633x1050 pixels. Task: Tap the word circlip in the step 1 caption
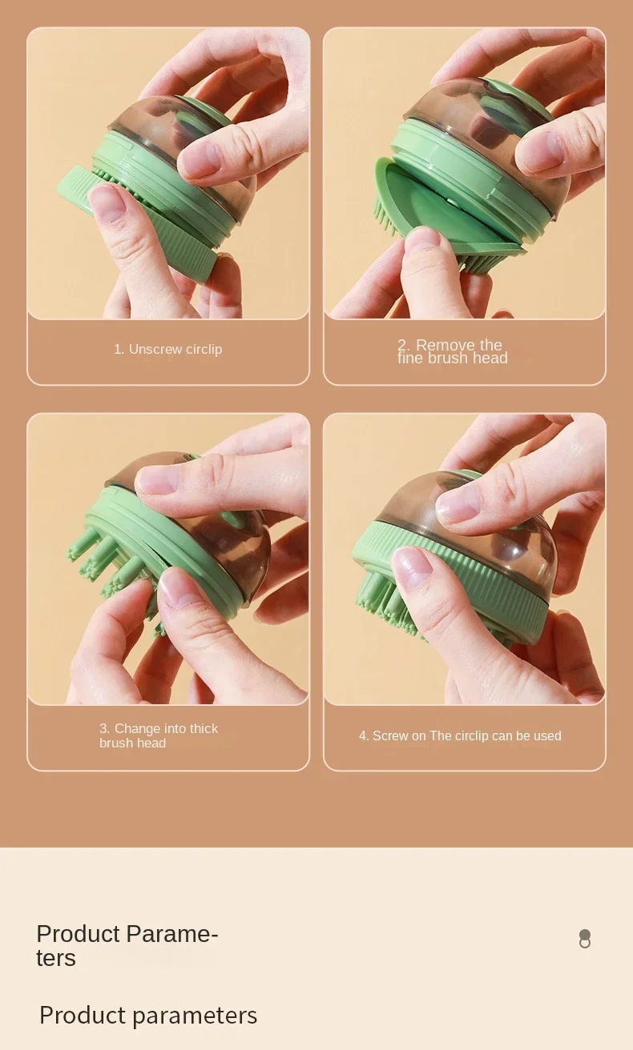click(204, 350)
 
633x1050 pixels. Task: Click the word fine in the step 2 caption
click(410, 358)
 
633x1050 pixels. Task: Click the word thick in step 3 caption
click(204, 728)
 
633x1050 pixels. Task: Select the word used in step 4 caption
click(547, 735)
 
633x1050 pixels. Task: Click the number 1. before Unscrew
click(119, 349)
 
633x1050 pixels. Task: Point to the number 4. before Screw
click(364, 735)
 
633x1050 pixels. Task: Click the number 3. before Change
click(105, 728)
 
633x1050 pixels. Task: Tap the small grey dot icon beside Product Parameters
click(585, 939)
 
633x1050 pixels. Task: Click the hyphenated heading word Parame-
click(172, 934)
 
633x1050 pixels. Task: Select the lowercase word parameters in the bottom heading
click(195, 1016)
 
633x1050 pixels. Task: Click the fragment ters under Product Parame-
click(56, 958)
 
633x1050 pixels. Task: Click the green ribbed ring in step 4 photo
click(450, 581)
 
